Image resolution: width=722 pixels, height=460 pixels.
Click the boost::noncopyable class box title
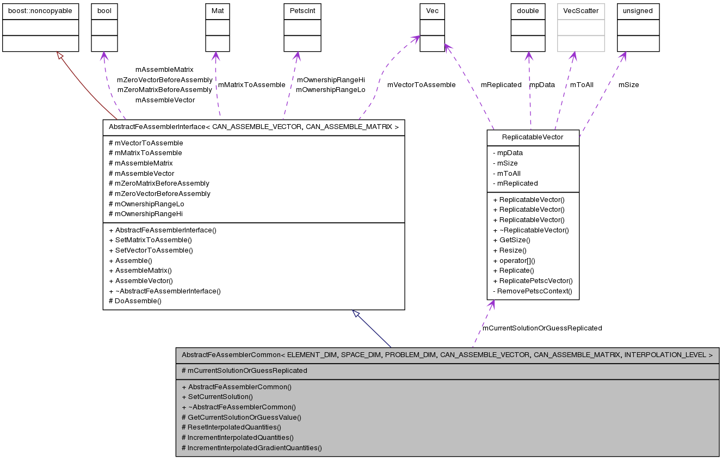tap(41, 11)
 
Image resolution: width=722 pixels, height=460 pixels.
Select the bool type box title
tap(104, 11)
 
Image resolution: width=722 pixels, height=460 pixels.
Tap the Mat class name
tap(215, 11)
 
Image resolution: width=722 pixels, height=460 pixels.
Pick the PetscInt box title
tap(302, 11)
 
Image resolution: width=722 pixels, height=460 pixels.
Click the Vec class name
tap(433, 11)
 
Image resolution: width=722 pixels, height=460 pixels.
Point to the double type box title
tap(528, 11)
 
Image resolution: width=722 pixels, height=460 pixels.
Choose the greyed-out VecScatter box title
tap(581, 11)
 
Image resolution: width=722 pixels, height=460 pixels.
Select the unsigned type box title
tap(638, 11)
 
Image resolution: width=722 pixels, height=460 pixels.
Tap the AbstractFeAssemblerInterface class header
tap(254, 127)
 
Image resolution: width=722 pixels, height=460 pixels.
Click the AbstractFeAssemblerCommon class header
tap(447, 355)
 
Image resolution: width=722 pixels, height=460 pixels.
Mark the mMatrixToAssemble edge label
tap(251, 85)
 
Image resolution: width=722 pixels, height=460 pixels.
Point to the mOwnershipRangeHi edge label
tap(330, 80)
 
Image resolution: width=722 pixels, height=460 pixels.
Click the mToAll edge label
tap(582, 85)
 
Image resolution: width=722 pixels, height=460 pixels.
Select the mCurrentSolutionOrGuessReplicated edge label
tap(542, 328)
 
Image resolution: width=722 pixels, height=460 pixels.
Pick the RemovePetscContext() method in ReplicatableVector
tap(533, 291)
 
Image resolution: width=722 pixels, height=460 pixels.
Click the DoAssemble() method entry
tap(135, 301)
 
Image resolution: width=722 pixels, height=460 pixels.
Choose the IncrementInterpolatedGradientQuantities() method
tap(251, 448)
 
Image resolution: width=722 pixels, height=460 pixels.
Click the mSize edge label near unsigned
tap(628, 85)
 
